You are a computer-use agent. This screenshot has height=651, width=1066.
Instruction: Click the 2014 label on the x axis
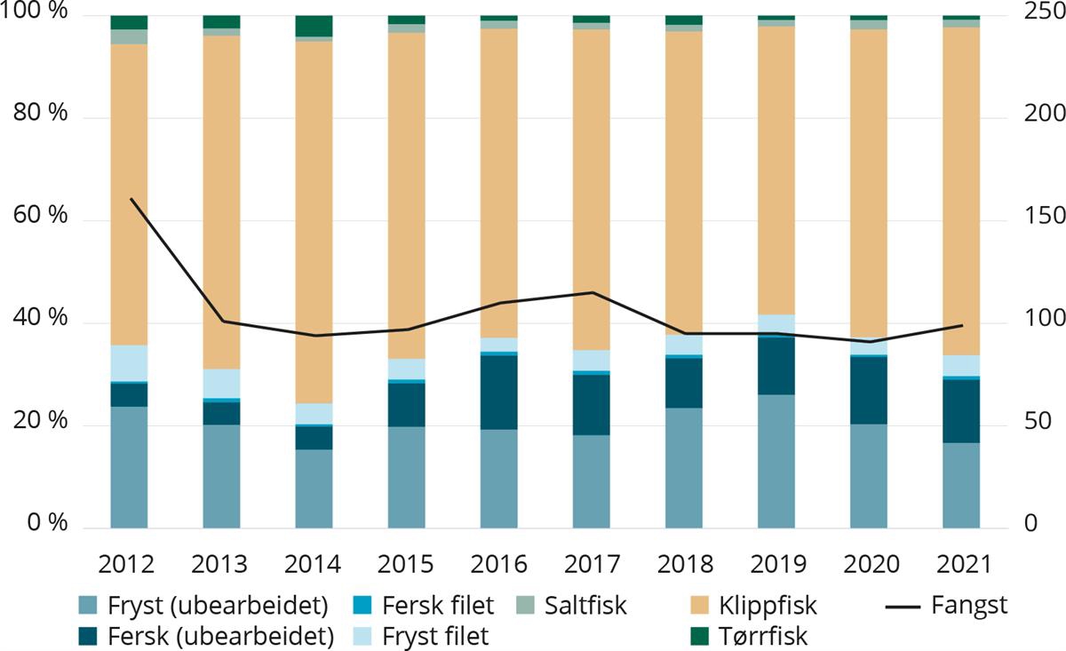314,565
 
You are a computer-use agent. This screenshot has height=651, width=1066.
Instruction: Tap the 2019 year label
776,565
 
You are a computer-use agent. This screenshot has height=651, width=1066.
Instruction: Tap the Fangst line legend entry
946,607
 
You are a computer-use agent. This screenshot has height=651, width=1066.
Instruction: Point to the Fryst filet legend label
435,637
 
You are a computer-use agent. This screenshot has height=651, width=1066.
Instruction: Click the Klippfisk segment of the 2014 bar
314,222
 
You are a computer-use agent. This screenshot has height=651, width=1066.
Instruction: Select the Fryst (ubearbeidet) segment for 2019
776,461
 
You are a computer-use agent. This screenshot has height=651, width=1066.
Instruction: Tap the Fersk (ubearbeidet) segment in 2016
498,392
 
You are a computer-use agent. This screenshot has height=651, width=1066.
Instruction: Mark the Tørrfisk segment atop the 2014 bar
314,26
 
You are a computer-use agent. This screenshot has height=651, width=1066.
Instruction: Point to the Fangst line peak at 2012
130,199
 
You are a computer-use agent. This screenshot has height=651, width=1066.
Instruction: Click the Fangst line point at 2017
591,292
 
